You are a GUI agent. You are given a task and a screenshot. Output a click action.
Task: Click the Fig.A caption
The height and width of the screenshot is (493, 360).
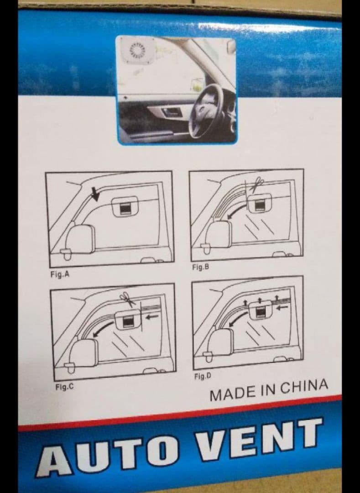coord(60,274)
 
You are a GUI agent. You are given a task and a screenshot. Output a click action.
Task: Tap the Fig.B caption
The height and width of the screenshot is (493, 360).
coord(201,267)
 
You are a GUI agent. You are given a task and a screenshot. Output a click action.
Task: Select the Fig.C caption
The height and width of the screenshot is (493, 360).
coord(64,387)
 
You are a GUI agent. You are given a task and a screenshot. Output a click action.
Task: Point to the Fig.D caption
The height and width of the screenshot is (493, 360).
coord(203,376)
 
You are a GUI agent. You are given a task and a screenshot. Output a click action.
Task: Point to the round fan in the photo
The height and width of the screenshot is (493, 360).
coord(136,51)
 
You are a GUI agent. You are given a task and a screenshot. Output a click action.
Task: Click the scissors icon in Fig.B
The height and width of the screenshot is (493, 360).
coord(256,184)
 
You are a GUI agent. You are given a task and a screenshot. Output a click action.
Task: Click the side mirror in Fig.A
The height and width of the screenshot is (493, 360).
coord(78,241)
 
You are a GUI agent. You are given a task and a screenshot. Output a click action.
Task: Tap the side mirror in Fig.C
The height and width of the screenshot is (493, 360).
coord(83,354)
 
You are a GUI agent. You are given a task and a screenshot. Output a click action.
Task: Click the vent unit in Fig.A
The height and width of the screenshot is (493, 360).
coord(125,207)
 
